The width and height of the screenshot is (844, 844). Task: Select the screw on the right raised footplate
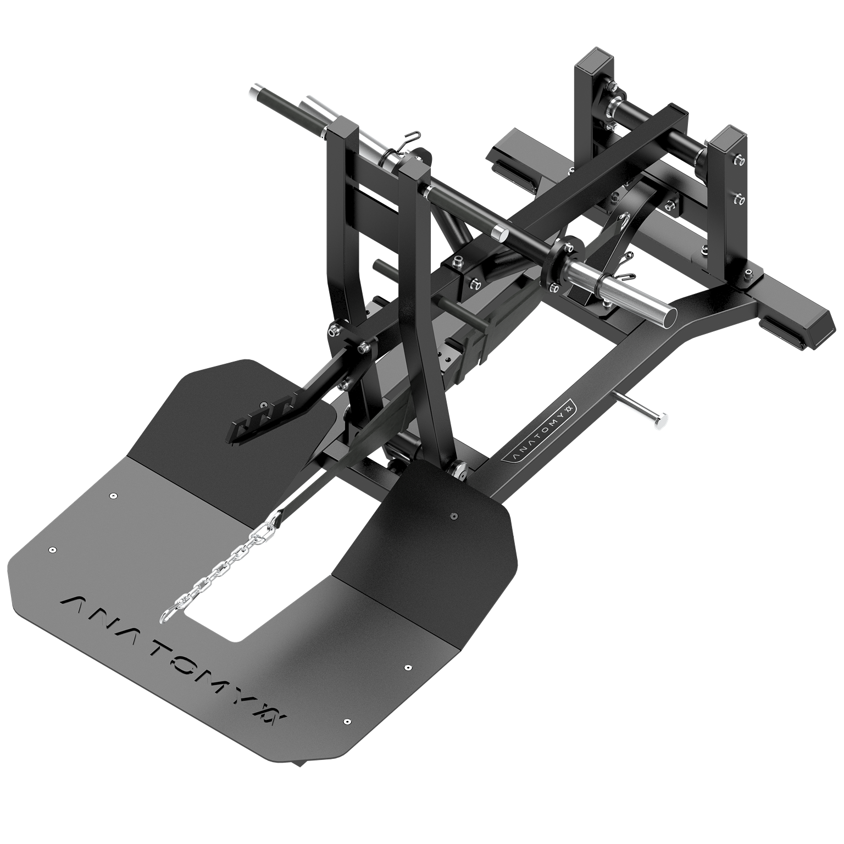[454, 516]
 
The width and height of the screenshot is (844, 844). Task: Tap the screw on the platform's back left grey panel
[113, 495]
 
